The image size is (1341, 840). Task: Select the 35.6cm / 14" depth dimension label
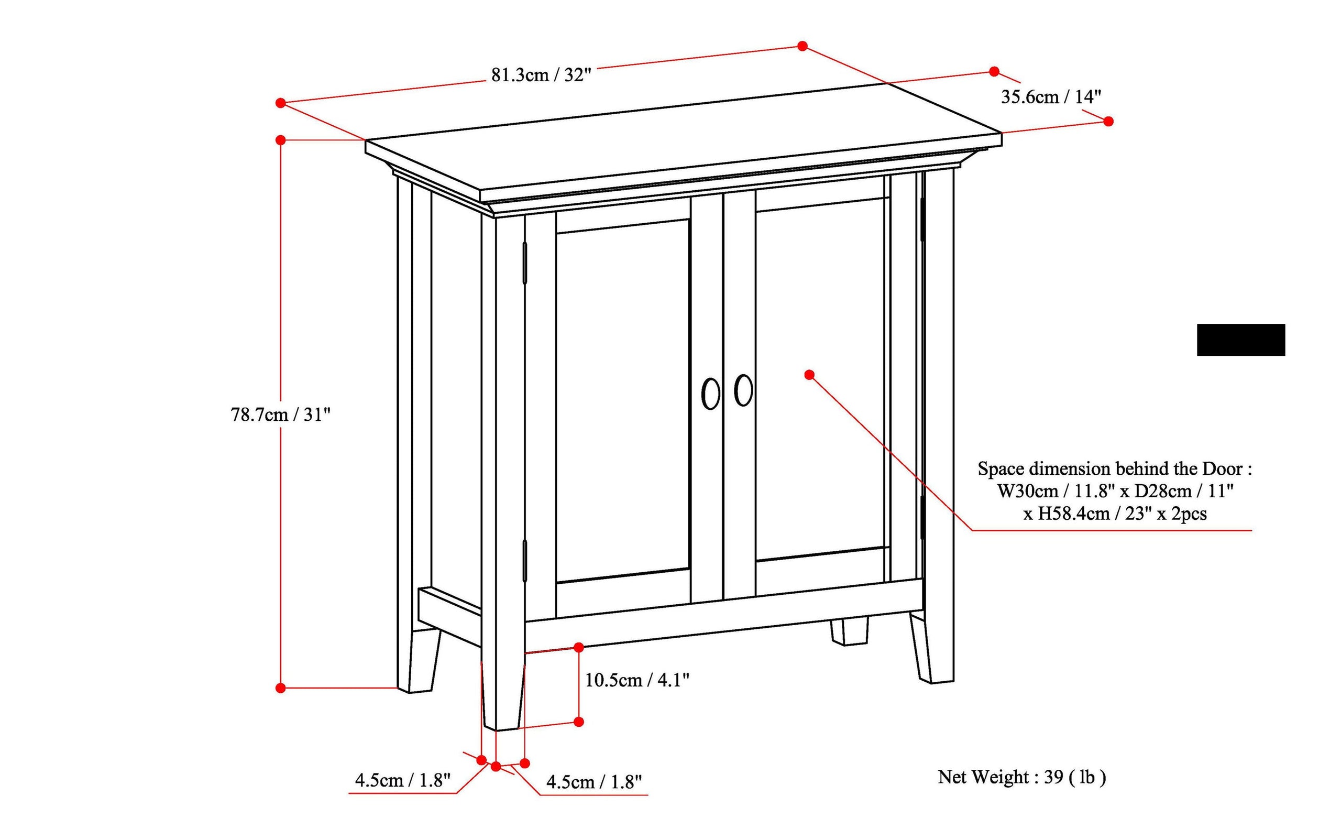click(x=1051, y=97)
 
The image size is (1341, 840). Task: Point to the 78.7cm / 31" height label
click(x=280, y=415)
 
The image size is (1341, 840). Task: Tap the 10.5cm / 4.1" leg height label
click(x=637, y=680)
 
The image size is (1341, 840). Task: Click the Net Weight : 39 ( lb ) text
click(x=1021, y=777)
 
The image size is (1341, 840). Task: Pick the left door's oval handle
click(x=710, y=394)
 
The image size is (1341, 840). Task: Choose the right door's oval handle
click(x=743, y=390)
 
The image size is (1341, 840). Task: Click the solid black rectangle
click(x=1240, y=340)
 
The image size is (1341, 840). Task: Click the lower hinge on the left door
click(x=524, y=561)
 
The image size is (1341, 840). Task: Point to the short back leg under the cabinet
click(x=849, y=632)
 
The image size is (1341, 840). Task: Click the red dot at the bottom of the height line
click(x=280, y=688)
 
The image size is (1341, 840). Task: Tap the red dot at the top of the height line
click(x=280, y=139)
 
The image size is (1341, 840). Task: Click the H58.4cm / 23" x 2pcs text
click(x=1115, y=514)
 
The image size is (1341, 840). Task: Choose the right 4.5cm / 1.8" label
click(x=593, y=782)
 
